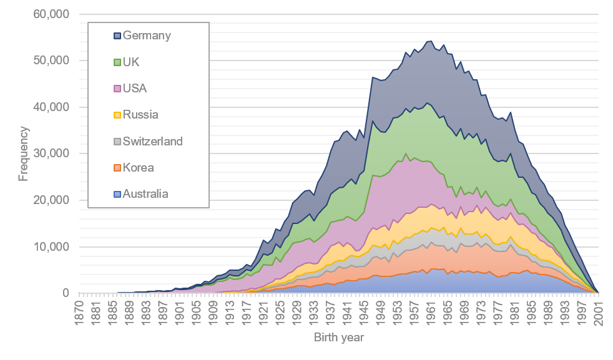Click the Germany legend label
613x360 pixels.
pos(147,36)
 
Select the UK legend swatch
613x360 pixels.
pos(117,62)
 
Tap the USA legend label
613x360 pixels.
pos(135,88)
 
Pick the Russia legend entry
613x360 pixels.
pos(140,115)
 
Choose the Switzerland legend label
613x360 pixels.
pos(153,141)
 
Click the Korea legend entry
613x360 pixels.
pos(139,167)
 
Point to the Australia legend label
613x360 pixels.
pos(145,193)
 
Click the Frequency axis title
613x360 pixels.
pos(23,153)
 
